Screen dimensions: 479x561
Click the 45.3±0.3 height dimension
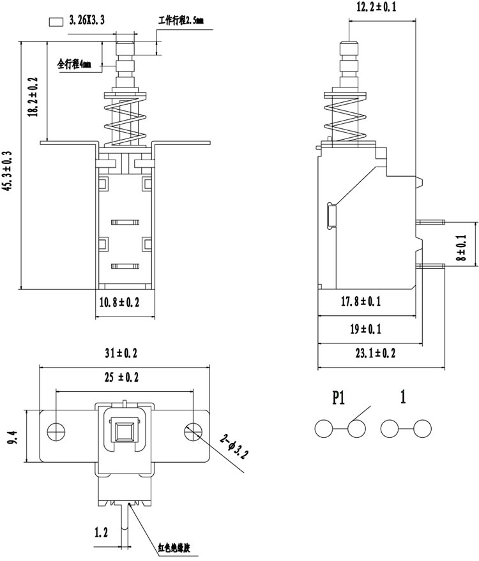point(8,170)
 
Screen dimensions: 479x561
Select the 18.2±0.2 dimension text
point(33,96)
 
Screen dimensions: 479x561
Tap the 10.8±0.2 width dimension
point(119,303)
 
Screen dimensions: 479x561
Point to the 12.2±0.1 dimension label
point(376,7)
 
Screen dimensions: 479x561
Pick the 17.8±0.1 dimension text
point(361,301)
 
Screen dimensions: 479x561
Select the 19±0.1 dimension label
point(365,329)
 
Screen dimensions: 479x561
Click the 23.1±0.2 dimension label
point(376,353)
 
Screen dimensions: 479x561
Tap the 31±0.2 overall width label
point(121,353)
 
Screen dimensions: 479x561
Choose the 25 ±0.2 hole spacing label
point(121,377)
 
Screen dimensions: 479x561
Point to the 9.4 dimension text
point(12,437)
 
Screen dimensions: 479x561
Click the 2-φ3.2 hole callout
point(234,446)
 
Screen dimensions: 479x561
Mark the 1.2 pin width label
point(101,532)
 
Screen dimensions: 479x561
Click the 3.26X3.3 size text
point(87,20)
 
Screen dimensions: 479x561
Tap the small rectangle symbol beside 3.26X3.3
point(56,22)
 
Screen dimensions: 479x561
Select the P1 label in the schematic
point(338,397)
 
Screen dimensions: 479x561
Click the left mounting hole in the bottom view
point(56,431)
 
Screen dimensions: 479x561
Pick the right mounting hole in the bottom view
point(194,431)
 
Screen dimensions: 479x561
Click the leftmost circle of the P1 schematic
point(324,428)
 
